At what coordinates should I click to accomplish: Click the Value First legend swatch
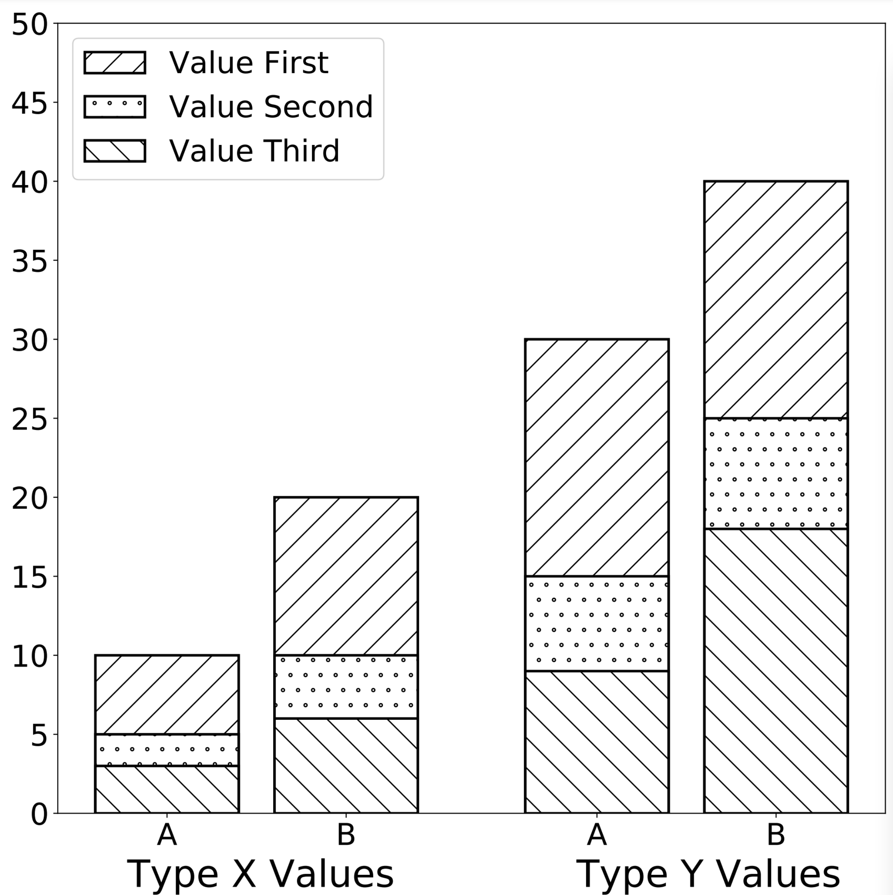click(x=115, y=63)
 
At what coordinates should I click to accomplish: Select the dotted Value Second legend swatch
click(x=115, y=107)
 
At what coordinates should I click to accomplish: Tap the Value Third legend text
click(x=254, y=151)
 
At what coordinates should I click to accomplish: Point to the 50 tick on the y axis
click(x=29, y=24)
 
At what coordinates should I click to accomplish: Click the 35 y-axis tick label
click(x=29, y=261)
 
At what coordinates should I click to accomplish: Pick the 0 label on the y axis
click(x=39, y=814)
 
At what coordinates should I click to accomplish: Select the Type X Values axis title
click(x=260, y=874)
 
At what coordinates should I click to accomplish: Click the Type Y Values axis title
click(x=708, y=874)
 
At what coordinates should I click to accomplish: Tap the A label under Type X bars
click(x=167, y=835)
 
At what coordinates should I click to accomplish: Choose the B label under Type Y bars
click(x=776, y=835)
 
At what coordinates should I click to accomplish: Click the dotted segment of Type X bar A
click(x=167, y=750)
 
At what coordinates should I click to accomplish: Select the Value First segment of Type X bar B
click(x=346, y=576)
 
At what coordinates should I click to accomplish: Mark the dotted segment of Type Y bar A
click(x=597, y=623)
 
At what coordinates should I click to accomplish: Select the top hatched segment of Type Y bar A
click(x=597, y=457)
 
